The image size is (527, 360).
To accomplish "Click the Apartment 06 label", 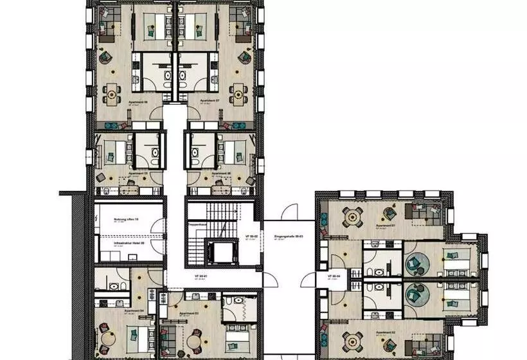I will tap(138, 102).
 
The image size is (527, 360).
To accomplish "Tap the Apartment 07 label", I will tap(210, 102).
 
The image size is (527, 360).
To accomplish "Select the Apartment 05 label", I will tap(138, 174).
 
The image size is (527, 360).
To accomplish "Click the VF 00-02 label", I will tap(251, 237).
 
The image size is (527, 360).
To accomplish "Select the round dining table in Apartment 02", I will tap(352, 340).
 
